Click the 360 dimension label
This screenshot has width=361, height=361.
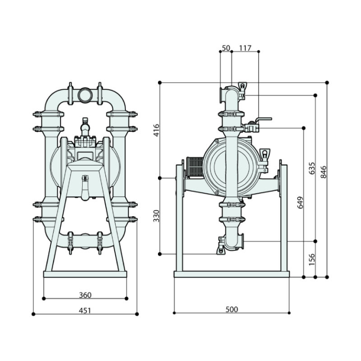85,295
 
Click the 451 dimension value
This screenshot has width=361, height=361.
85,310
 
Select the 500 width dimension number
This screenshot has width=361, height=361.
231,310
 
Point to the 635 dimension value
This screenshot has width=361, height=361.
311,168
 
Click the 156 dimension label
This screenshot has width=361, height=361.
311,259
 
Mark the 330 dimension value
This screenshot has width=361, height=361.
157,216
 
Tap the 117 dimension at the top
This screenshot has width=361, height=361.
245,47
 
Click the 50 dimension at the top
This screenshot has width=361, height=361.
226,47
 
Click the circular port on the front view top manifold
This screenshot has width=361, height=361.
85,95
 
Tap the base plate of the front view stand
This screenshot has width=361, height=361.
85,274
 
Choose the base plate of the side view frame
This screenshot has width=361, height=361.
231,274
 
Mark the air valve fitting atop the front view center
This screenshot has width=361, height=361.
85,126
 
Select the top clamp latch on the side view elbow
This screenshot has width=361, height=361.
242,87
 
